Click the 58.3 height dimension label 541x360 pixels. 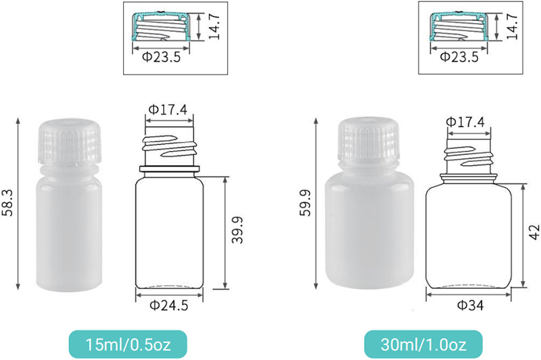tap(8, 203)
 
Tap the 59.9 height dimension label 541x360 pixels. tap(305, 202)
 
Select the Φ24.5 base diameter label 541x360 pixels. tap(169, 305)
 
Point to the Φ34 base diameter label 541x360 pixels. tap(470, 305)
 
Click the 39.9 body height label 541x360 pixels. tap(237, 230)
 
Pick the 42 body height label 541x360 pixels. tap(534, 232)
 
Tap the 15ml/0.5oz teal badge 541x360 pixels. tap(128, 344)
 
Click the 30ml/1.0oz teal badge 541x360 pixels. tap(423, 344)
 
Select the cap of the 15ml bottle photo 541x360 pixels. tap(69, 141)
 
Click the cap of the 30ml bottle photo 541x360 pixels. tap(369, 139)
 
